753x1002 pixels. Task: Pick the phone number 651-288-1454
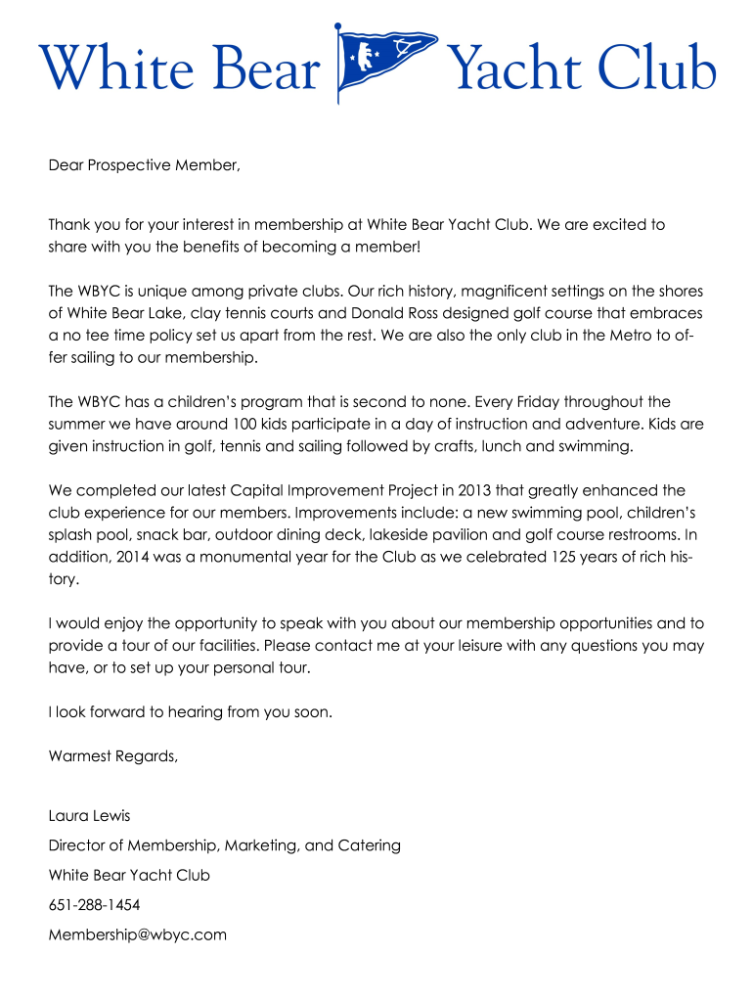tap(94, 905)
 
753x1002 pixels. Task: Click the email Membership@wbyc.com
tap(137, 934)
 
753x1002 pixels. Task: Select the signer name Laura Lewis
tap(89, 816)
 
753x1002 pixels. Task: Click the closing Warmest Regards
tap(113, 755)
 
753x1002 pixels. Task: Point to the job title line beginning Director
tap(224, 845)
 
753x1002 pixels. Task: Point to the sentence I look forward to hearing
tap(191, 712)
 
